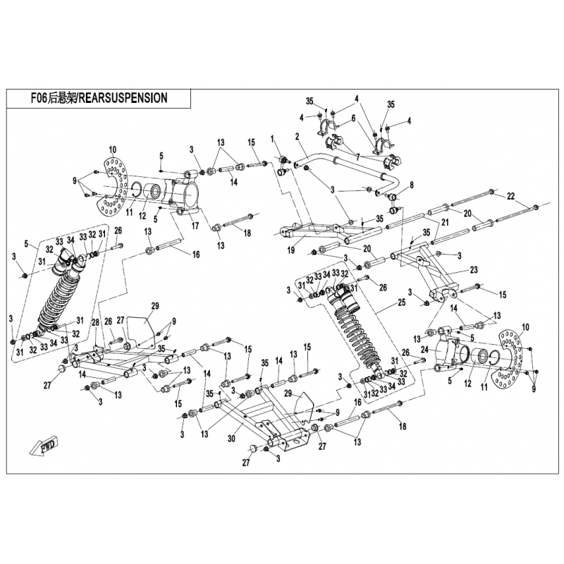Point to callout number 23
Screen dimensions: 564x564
(473, 270)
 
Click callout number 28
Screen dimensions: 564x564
(94, 322)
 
